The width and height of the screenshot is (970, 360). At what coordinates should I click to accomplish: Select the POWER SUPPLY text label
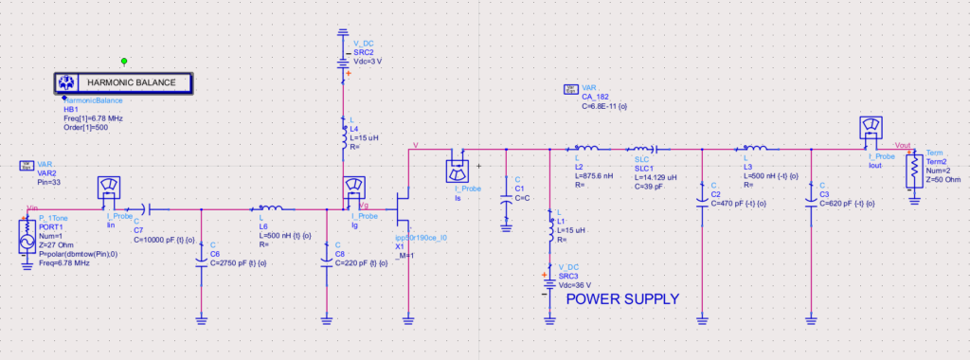621,298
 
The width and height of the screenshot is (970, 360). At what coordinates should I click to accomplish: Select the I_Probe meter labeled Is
458,169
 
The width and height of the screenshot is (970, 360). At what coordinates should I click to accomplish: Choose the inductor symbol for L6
270,207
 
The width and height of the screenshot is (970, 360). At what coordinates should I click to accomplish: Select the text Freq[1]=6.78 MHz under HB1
92,118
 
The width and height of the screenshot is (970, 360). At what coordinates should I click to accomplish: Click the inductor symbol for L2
585,149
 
